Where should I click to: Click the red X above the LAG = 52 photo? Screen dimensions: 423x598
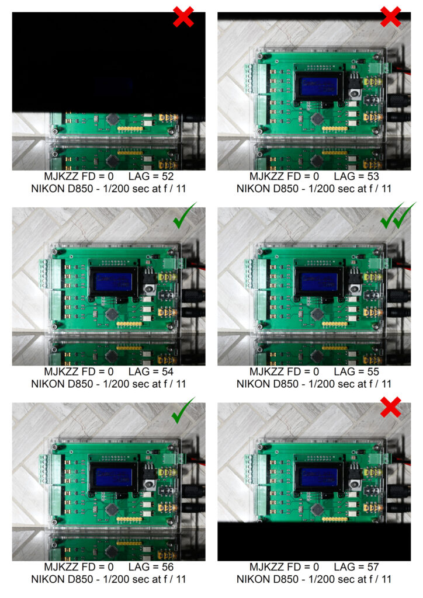pos(183,16)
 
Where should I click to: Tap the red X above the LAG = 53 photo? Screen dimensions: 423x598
pos(391,16)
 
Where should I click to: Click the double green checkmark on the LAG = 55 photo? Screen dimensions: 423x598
pos(398,215)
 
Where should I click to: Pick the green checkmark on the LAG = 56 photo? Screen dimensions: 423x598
pos(183,410)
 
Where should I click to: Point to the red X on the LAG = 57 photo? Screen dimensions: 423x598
pos(391,407)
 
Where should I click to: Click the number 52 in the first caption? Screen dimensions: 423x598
pos(168,176)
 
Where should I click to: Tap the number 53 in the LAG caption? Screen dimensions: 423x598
pos(373,176)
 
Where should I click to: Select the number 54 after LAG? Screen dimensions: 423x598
pos(168,371)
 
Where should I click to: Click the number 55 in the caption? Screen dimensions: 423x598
pos(373,371)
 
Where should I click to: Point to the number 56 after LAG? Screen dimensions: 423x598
pos(168,566)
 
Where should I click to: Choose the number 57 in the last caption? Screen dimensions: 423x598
pos(373,566)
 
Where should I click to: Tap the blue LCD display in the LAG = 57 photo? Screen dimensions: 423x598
pos(318,477)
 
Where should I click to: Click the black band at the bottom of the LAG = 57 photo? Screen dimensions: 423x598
pos(314,541)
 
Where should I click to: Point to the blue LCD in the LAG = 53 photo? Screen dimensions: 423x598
pos(318,86)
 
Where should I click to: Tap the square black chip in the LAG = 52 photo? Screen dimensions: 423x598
pos(112,119)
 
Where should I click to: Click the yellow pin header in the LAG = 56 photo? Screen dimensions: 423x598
pos(129,519)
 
